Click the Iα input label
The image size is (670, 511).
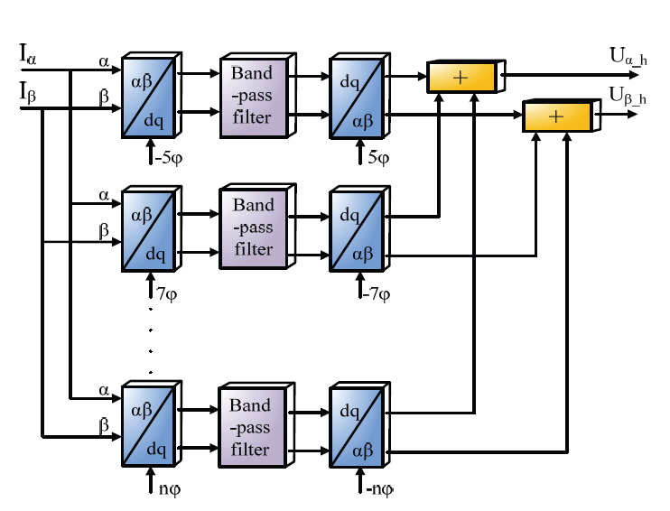point(29,53)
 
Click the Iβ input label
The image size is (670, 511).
point(29,92)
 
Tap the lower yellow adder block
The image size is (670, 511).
point(556,117)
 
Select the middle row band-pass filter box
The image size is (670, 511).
point(253,228)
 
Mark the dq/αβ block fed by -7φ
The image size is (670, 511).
point(357,229)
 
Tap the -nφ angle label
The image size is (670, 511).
point(377,490)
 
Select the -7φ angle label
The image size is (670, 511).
point(377,293)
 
